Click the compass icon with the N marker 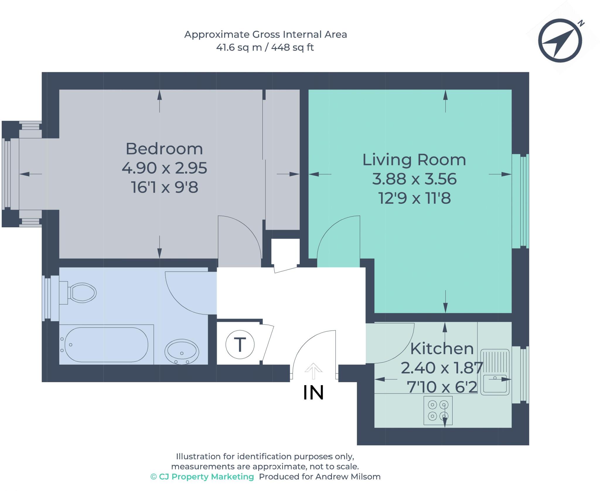click(x=560, y=40)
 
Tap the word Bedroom click(x=164, y=149)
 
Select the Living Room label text click(x=414, y=160)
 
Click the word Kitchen click(x=442, y=348)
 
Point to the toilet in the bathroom click(x=78, y=293)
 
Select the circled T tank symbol click(x=240, y=345)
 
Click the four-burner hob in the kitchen click(x=438, y=411)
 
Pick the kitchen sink click(x=495, y=372)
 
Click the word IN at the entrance click(x=313, y=393)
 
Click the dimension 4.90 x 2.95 click(x=164, y=168)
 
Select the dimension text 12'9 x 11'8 click(x=414, y=198)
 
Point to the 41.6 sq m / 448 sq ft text click(x=265, y=48)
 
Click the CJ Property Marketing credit click(x=202, y=477)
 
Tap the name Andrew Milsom click(x=348, y=477)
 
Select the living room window click(x=520, y=201)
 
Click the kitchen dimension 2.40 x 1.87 click(x=442, y=368)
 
